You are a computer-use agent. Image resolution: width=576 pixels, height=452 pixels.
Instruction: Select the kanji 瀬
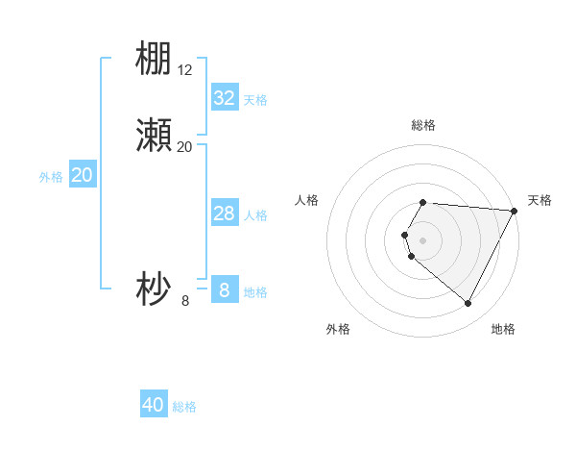point(154,137)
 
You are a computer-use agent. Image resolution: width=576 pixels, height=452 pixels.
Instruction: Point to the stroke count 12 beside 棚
point(185,69)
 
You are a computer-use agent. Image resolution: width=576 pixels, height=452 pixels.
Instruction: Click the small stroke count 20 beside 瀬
point(185,147)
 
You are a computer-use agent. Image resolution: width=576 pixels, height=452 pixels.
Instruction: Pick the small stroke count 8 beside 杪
point(185,300)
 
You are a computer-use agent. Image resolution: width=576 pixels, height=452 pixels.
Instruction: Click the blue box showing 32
point(225,98)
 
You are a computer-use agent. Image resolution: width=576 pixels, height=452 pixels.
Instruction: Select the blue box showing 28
point(225,214)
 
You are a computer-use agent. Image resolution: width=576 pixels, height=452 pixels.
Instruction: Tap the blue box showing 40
point(154,406)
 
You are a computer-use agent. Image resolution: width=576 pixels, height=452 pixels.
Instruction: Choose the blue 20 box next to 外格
point(82,176)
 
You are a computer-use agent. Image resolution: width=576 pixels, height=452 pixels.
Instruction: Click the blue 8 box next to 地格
point(225,290)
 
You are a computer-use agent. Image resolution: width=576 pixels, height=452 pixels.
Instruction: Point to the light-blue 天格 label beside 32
point(255,100)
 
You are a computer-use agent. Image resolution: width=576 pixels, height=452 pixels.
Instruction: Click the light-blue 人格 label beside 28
point(255,215)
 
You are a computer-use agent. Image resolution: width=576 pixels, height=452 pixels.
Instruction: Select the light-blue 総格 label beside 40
point(185,408)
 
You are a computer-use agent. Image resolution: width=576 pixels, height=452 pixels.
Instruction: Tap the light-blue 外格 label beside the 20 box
point(51,177)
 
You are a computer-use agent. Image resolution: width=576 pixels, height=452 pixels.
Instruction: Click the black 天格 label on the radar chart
point(540,200)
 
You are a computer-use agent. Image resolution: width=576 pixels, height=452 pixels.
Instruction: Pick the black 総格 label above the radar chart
point(423,125)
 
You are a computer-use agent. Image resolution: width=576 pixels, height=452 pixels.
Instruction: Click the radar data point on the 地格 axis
point(468,303)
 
